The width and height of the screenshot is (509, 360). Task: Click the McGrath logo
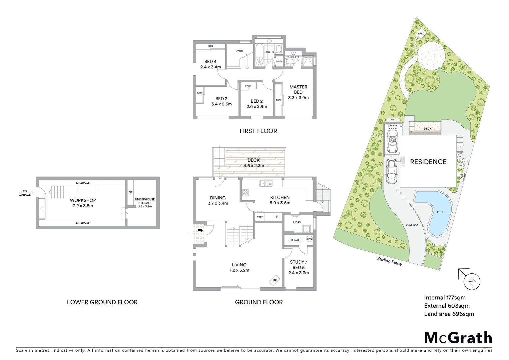(458, 338)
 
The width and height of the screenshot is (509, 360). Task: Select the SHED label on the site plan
(421, 34)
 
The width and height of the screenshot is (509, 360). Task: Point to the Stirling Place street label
(389, 261)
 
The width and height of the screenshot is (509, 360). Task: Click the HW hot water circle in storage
(309, 239)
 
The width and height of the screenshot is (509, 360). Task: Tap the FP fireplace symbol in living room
(275, 280)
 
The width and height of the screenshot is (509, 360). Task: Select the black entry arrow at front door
(201, 230)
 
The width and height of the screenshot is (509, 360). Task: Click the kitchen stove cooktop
(246, 193)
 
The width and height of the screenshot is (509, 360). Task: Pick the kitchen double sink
(266, 183)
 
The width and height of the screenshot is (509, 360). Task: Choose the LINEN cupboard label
(279, 61)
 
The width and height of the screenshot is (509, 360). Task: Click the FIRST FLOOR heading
(258, 131)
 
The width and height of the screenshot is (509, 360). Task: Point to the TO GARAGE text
(25, 193)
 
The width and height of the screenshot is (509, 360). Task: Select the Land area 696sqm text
(449, 314)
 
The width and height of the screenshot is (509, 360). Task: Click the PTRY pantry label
(259, 217)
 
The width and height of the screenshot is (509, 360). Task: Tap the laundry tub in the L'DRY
(306, 229)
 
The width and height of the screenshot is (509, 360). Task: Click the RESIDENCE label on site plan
(428, 162)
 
